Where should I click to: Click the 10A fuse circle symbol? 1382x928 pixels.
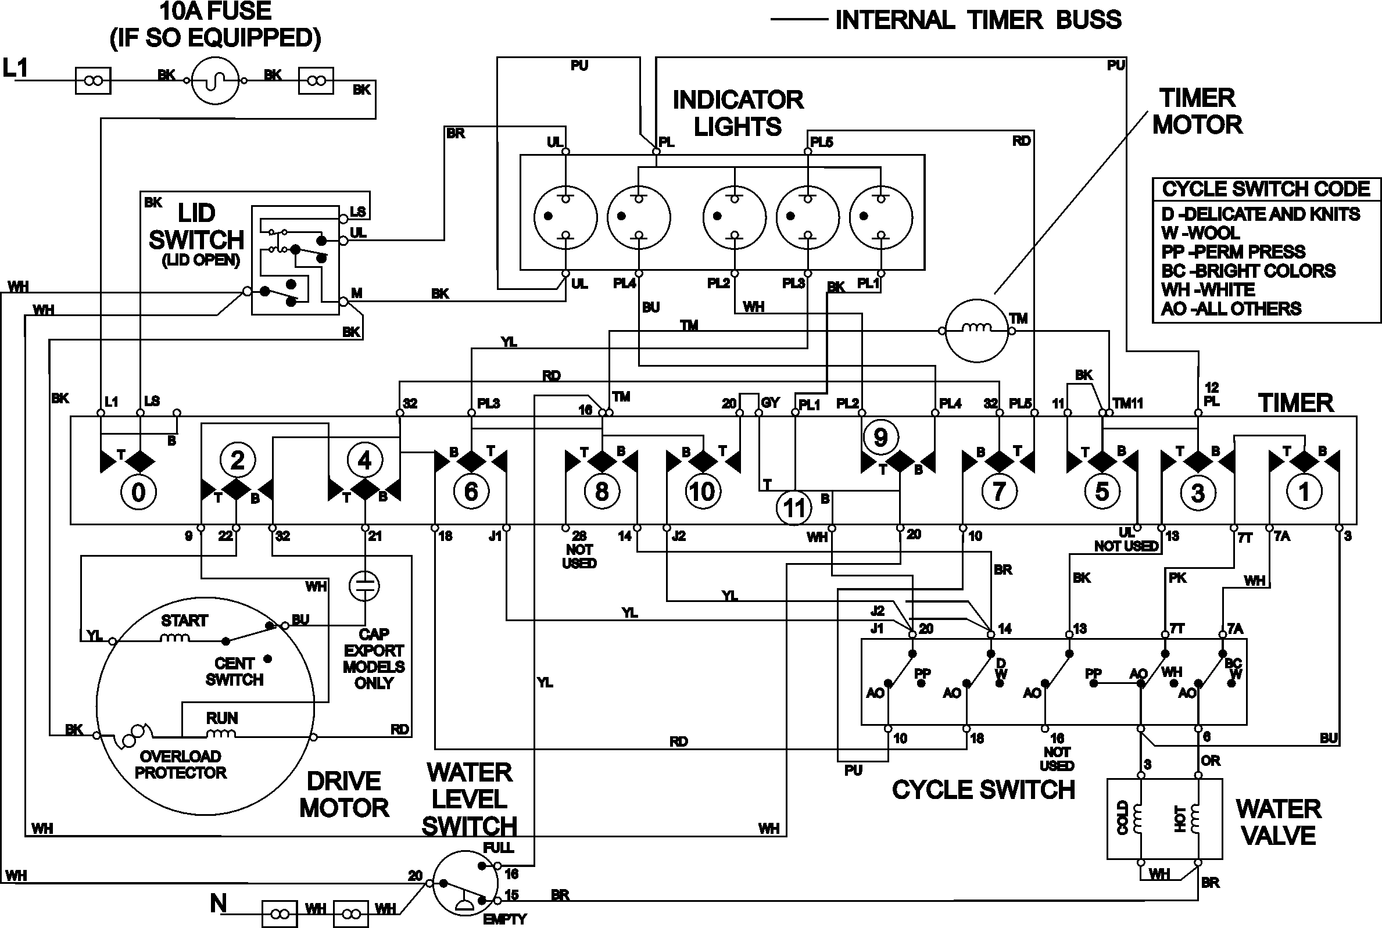tap(215, 81)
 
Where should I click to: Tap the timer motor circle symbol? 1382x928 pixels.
tap(976, 330)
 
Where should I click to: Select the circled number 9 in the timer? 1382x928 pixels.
tap(880, 438)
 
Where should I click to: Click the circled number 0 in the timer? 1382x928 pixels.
tap(138, 492)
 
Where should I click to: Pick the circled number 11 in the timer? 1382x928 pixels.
tap(794, 508)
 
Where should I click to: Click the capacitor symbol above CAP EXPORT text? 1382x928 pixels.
tap(364, 586)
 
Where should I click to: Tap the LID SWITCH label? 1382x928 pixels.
tap(196, 227)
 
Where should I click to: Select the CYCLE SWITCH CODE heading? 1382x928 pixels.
tap(1266, 189)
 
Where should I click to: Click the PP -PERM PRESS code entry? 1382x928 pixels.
tap(1233, 252)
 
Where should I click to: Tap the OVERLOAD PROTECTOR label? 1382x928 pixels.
tap(181, 764)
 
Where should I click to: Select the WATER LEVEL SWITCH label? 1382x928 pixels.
tap(470, 799)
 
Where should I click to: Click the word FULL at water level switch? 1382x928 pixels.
tap(499, 847)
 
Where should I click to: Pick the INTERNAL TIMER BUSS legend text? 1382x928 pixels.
tap(978, 20)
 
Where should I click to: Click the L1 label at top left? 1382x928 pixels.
tap(15, 68)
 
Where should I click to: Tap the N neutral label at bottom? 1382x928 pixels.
tap(219, 903)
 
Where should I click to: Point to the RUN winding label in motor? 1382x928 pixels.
tap(221, 718)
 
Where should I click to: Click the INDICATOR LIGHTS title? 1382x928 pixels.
tap(737, 113)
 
